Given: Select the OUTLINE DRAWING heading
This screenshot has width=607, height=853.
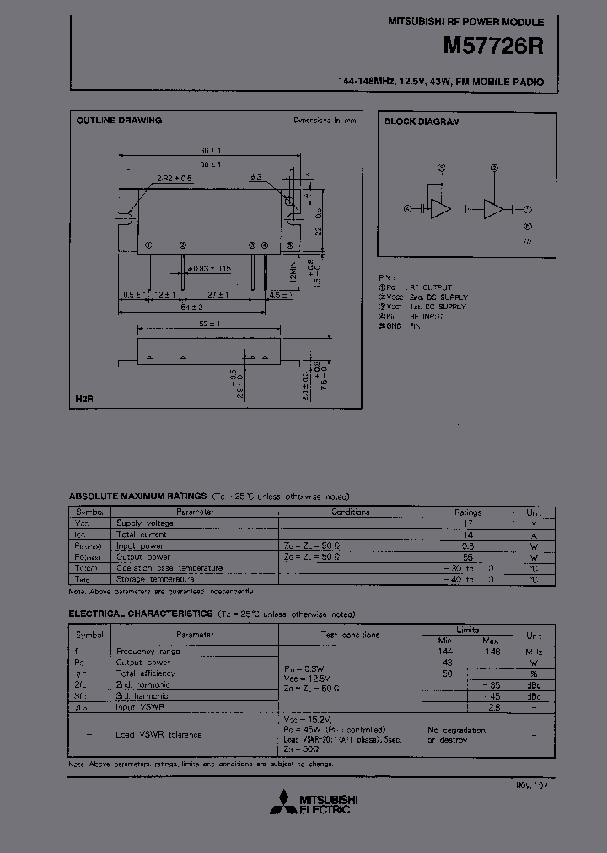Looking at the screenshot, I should click(119, 121).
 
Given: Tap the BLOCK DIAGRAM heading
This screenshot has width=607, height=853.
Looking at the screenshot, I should click(422, 121).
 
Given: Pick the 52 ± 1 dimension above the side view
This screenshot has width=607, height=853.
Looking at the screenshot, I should click(210, 325).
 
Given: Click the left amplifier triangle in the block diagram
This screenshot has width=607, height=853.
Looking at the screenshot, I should click(440, 209).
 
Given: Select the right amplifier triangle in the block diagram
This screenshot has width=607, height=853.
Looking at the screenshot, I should click(493, 209).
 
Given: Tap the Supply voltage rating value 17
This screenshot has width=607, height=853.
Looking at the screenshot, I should click(468, 523).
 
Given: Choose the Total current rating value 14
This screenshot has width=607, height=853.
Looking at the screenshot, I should click(468, 534).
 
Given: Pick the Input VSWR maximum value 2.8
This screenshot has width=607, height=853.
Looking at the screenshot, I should click(493, 706).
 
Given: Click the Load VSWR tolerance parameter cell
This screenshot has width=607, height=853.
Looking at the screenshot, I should click(158, 734).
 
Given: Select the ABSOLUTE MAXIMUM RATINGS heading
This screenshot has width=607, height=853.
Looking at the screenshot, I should click(137, 497).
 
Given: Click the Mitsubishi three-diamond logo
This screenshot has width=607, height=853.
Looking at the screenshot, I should click(283, 804).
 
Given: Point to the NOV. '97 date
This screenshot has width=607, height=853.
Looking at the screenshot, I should click(531, 786).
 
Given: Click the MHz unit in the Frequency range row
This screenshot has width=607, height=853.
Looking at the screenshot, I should click(534, 652).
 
